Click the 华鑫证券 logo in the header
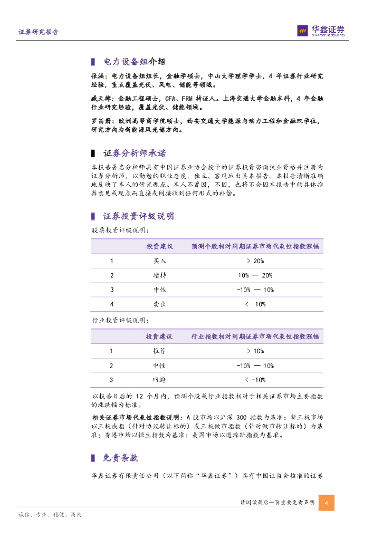[321, 31]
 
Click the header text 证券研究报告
[39, 32]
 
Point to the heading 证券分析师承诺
[135, 153]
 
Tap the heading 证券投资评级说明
[138, 216]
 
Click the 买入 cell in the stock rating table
[159, 261]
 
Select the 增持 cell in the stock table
[159, 275]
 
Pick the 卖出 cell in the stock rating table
[159, 304]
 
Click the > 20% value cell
[255, 261]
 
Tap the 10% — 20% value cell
[255, 275]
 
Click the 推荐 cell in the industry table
[159, 351]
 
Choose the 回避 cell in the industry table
[159, 380]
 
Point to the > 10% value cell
[255, 351]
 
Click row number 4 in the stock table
[112, 304]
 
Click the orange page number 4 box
[327, 503]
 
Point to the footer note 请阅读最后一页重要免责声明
[277, 503]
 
